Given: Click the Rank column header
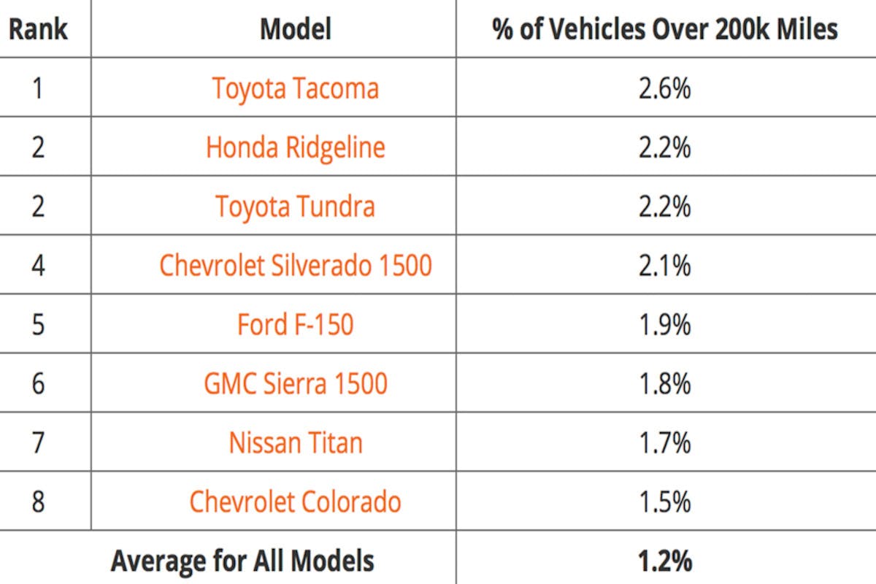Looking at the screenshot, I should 38,28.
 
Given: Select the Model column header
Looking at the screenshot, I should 296,28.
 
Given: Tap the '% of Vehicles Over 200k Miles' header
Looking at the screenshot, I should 665,28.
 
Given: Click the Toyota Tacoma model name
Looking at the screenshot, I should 296,89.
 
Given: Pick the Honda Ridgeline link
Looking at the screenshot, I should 296,147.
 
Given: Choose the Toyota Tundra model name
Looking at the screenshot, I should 296,207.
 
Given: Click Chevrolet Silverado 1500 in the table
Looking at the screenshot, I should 296,265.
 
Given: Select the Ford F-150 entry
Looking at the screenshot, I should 296,324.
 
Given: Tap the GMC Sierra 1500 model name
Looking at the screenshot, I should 296,383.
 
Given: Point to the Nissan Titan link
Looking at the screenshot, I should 296,442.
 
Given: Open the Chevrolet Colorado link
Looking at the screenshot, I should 296,502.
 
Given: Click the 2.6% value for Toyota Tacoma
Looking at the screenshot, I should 664,89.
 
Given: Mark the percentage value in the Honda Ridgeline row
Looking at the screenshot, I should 664,147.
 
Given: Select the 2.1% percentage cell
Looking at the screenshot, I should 664,265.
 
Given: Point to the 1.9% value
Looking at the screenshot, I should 664,324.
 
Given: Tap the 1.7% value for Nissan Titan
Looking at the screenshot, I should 664,442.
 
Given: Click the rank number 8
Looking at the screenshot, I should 38,502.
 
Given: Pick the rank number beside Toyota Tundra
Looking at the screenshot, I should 38,207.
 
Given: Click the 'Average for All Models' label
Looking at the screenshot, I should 242,561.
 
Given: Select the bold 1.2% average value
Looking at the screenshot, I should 664,561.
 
